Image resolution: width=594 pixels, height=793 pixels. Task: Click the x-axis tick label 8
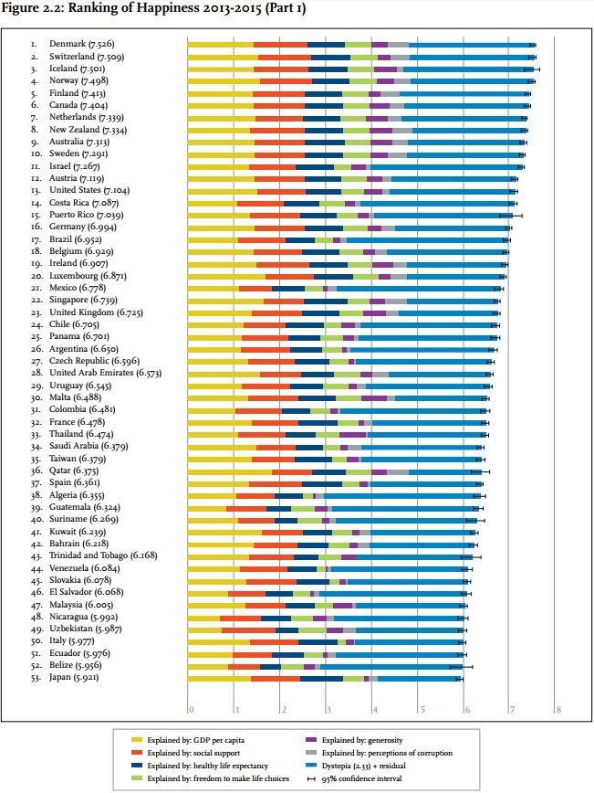click(x=557, y=709)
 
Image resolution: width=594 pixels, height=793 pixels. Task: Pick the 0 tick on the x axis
click(x=190, y=709)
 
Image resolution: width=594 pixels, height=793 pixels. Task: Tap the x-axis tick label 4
click(x=374, y=709)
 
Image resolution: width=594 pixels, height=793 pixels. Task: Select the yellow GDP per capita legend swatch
click(x=135, y=740)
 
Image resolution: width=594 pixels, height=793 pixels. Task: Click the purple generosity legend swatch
click(x=311, y=740)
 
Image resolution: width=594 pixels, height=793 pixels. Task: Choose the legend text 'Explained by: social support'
click(x=207, y=753)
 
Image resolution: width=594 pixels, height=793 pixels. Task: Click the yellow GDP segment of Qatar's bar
click(x=229, y=471)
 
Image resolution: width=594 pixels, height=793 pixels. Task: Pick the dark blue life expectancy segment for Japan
click(x=321, y=679)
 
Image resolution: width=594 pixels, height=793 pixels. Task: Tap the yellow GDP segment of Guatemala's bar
click(x=207, y=508)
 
